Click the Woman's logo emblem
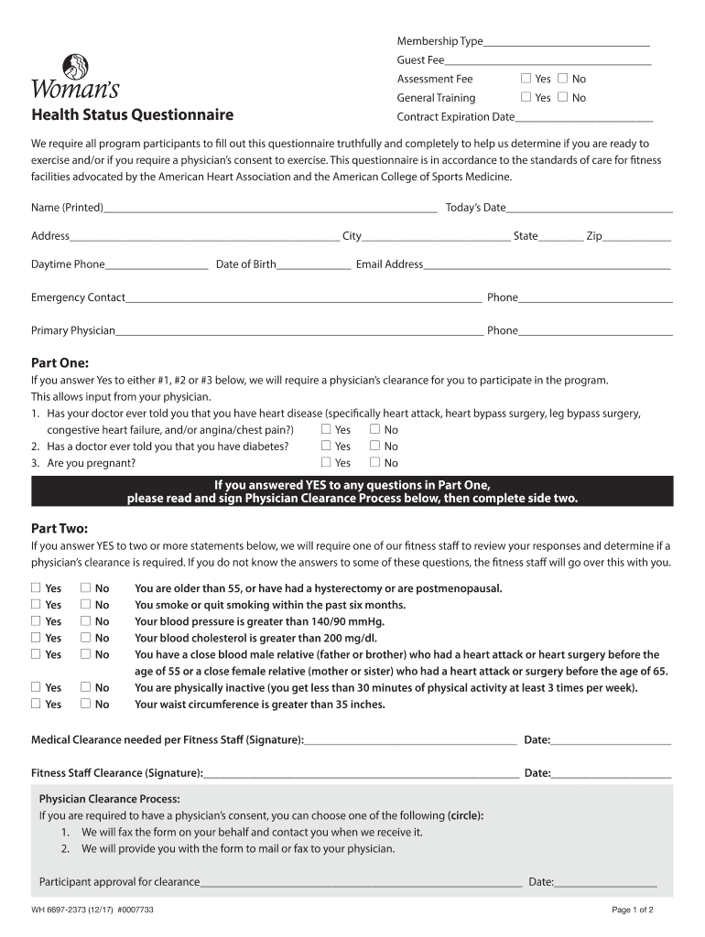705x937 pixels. (75, 68)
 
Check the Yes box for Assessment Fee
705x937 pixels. (526, 79)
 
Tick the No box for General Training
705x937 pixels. (562, 97)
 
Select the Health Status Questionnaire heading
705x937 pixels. (132, 115)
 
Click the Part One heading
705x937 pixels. (60, 362)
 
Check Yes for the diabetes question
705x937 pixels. (327, 446)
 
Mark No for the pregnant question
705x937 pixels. (374, 462)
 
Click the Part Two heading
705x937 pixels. (60, 528)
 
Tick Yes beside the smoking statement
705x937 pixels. (36, 604)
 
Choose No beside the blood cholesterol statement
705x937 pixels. (85, 637)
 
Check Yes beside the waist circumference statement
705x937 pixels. (36, 704)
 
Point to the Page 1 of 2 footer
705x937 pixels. (632, 910)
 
